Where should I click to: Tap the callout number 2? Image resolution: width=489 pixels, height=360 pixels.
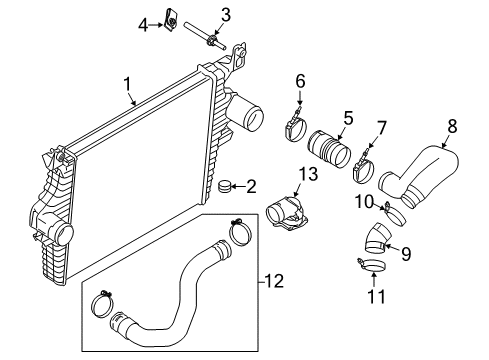(x=251, y=185)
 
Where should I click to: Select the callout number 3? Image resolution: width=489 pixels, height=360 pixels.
(x=225, y=14)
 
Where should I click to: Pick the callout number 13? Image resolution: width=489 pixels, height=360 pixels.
(x=307, y=174)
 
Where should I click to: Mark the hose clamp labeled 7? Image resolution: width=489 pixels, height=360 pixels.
(x=364, y=174)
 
